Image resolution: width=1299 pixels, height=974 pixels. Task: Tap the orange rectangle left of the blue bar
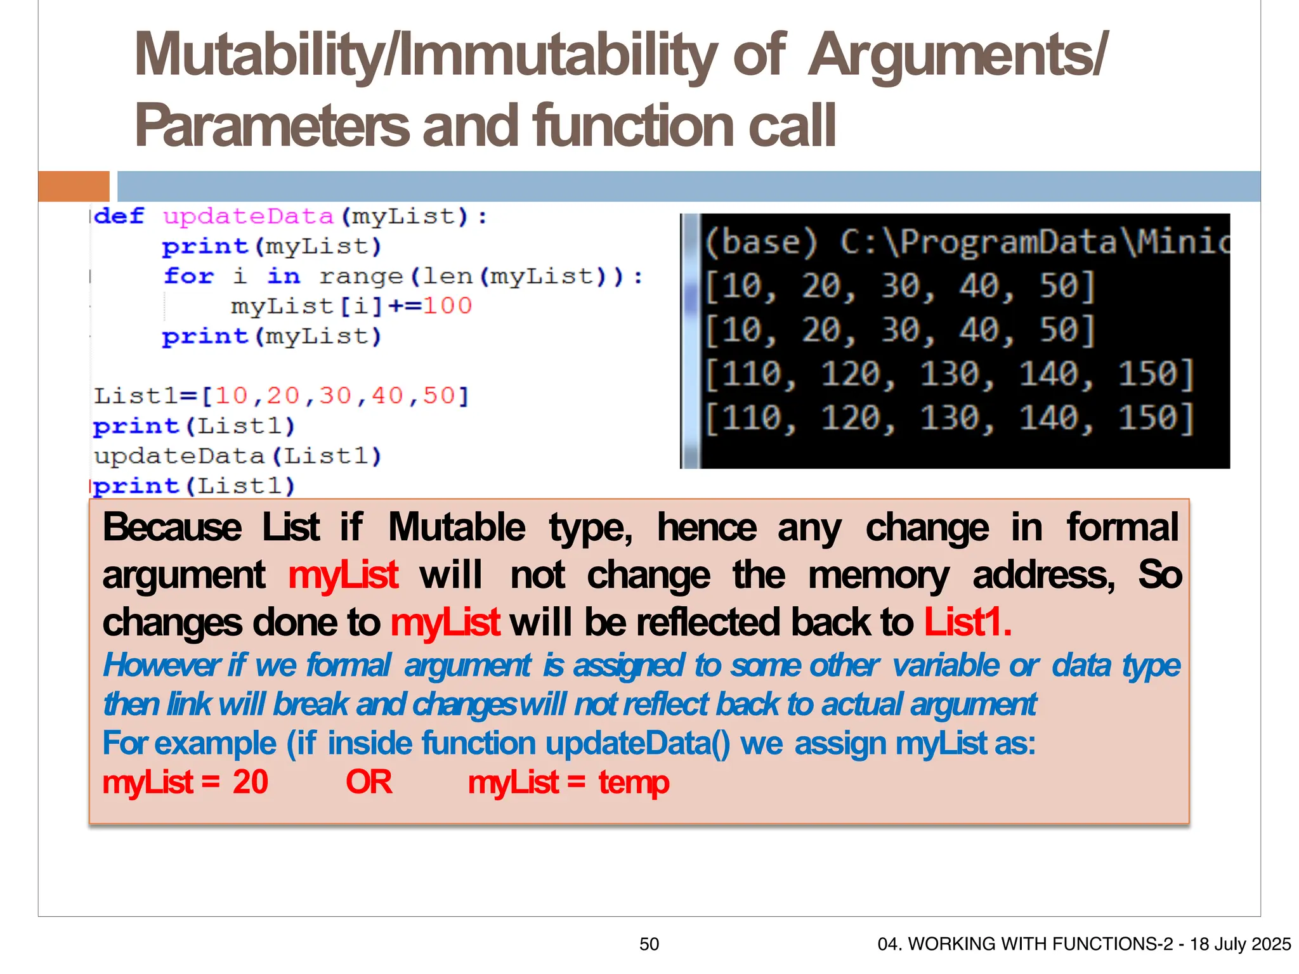pos(74,186)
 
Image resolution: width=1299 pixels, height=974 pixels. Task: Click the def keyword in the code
pos(119,216)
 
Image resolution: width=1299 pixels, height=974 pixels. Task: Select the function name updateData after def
pos(248,217)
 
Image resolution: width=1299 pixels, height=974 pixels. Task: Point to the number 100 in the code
pos(447,306)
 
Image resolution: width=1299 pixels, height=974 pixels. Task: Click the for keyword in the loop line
pos(188,276)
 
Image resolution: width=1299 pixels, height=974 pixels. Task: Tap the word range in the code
pos(361,276)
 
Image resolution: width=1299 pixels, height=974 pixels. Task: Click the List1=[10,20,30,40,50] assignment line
pos(281,396)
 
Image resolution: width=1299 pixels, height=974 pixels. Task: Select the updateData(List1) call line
pos(237,456)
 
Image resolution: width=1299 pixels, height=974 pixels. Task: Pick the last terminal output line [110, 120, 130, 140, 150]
pos(949,419)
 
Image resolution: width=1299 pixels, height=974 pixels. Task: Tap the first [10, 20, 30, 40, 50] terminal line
pos(899,286)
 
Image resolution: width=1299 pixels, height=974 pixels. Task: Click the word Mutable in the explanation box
pos(456,528)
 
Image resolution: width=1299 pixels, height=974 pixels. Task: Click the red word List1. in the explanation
pos(967,622)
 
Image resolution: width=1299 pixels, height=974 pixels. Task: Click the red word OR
pos(369,782)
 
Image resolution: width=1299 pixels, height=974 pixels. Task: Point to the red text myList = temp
pos(568,782)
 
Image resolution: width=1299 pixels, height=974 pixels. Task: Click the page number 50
pos(649,944)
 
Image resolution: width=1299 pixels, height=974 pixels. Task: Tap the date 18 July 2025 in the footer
pos(1240,944)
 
